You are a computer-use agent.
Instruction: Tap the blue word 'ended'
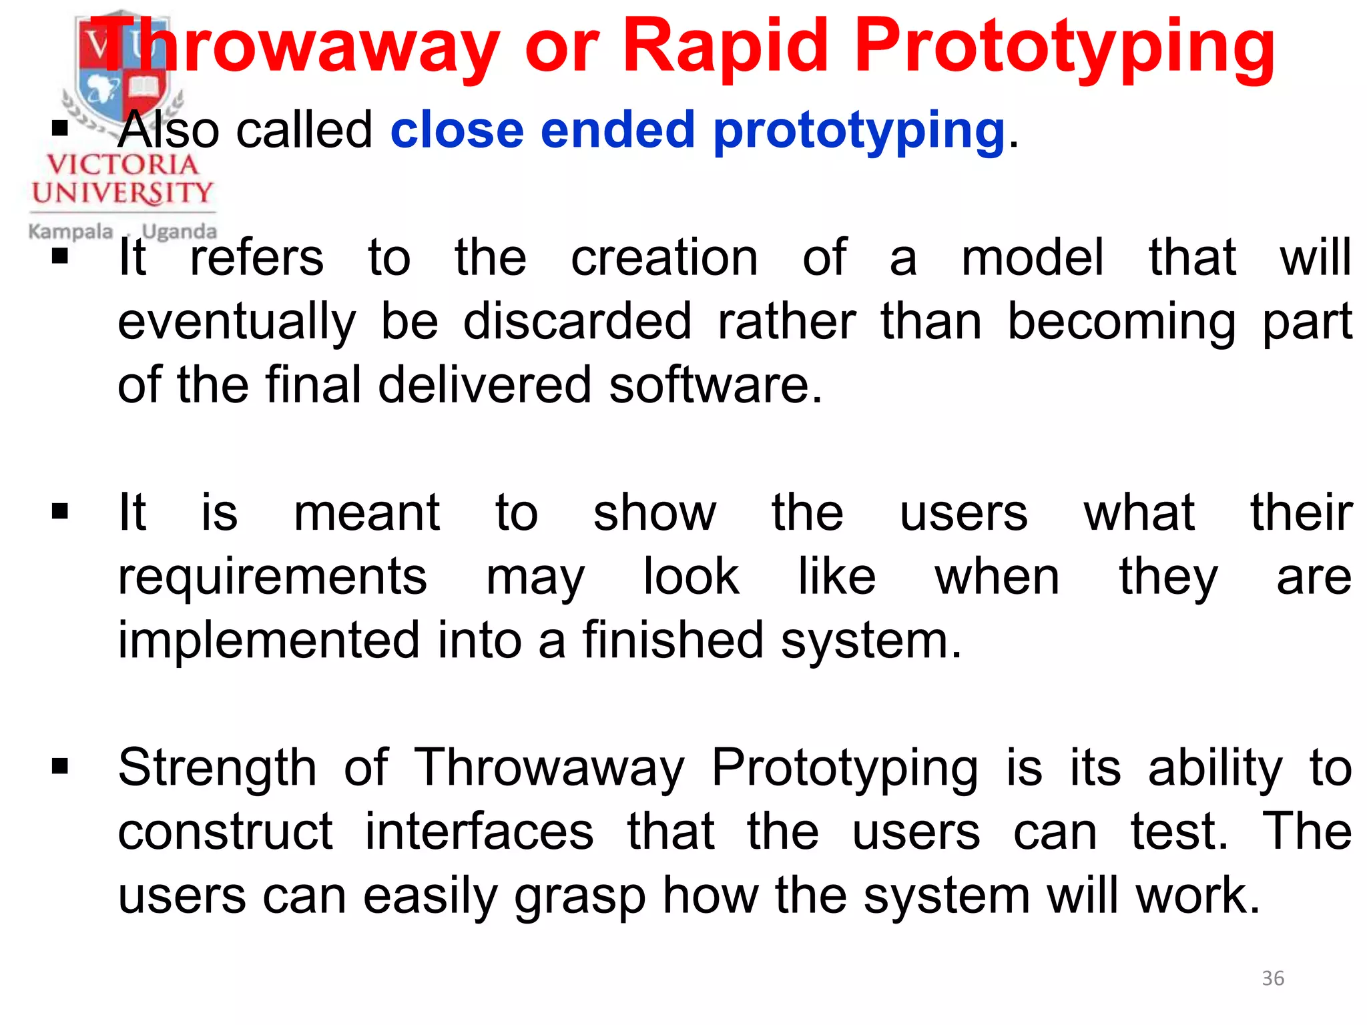coord(618,129)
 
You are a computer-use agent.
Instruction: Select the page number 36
coord(1273,978)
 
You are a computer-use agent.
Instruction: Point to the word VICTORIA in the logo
coord(122,165)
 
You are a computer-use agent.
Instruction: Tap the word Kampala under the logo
coord(70,232)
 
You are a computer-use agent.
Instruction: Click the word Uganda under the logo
coord(179,232)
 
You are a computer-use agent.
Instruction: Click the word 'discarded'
coord(577,322)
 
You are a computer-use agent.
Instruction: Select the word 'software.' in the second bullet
coord(716,385)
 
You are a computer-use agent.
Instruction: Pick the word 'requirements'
coord(272,577)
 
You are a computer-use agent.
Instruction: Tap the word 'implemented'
coord(269,641)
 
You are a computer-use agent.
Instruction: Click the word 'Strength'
coord(217,767)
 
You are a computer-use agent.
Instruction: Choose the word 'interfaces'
coord(479,831)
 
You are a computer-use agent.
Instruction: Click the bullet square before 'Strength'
coord(60,767)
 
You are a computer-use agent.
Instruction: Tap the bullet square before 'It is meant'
coord(60,512)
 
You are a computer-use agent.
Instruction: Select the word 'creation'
coord(664,258)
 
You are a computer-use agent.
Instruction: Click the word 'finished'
coord(673,641)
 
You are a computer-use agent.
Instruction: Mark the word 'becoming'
coord(1121,322)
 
